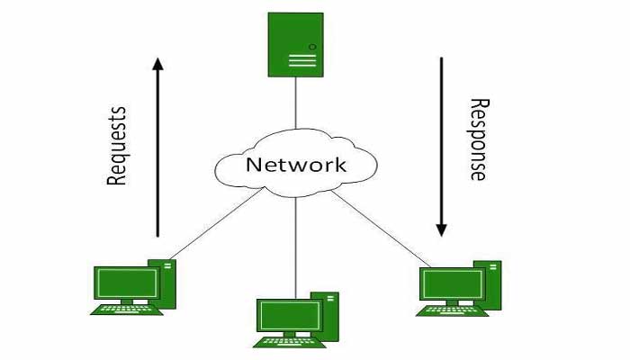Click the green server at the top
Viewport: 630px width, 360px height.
point(295,44)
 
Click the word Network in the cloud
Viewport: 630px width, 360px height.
point(295,165)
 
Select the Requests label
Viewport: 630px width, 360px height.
point(117,146)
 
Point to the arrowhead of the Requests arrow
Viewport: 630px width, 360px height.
point(157,65)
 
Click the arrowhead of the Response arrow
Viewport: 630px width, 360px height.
point(441,229)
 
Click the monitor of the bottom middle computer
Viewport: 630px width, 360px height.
point(288,314)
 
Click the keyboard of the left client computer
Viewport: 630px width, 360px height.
point(127,309)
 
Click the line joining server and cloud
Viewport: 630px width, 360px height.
point(295,103)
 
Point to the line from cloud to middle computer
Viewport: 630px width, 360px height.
point(295,243)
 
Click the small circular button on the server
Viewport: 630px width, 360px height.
point(312,45)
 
